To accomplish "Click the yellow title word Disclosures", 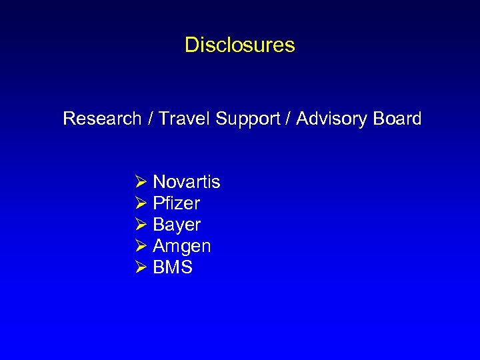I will [x=239, y=45].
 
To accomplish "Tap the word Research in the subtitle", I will [x=102, y=119].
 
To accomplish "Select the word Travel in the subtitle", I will [x=183, y=119].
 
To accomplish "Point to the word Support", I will [x=246, y=119].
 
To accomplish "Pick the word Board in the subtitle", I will [x=397, y=119].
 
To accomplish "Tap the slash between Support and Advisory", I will [x=287, y=119].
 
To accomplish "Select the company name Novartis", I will [x=187, y=182].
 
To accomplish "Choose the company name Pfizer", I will [x=177, y=203].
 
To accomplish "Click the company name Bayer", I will [x=177, y=225].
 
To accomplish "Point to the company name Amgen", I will [x=182, y=246].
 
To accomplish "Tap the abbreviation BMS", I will [x=173, y=267].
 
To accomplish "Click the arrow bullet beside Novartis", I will [x=141, y=182].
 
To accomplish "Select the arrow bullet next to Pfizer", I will [x=141, y=203].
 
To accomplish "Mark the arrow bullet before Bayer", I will [x=141, y=225].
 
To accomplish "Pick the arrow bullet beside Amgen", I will [x=141, y=246].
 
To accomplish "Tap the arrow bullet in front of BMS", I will [x=141, y=267].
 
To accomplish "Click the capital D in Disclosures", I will [x=191, y=45].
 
